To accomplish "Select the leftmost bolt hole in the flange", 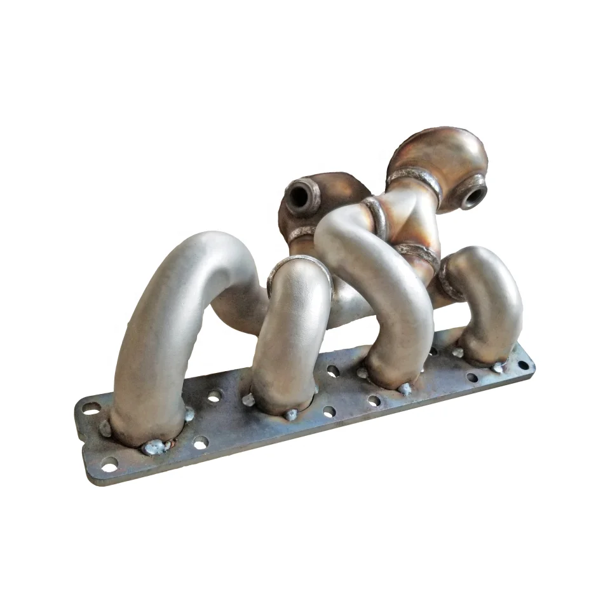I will pos(90,408).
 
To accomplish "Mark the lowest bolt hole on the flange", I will pos(109,467).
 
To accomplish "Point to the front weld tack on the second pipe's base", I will pos(291,416).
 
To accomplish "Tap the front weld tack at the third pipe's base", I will pos(403,388).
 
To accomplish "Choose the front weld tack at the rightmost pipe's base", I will pos(497,368).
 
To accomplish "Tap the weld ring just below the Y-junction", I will pos(416,252).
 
